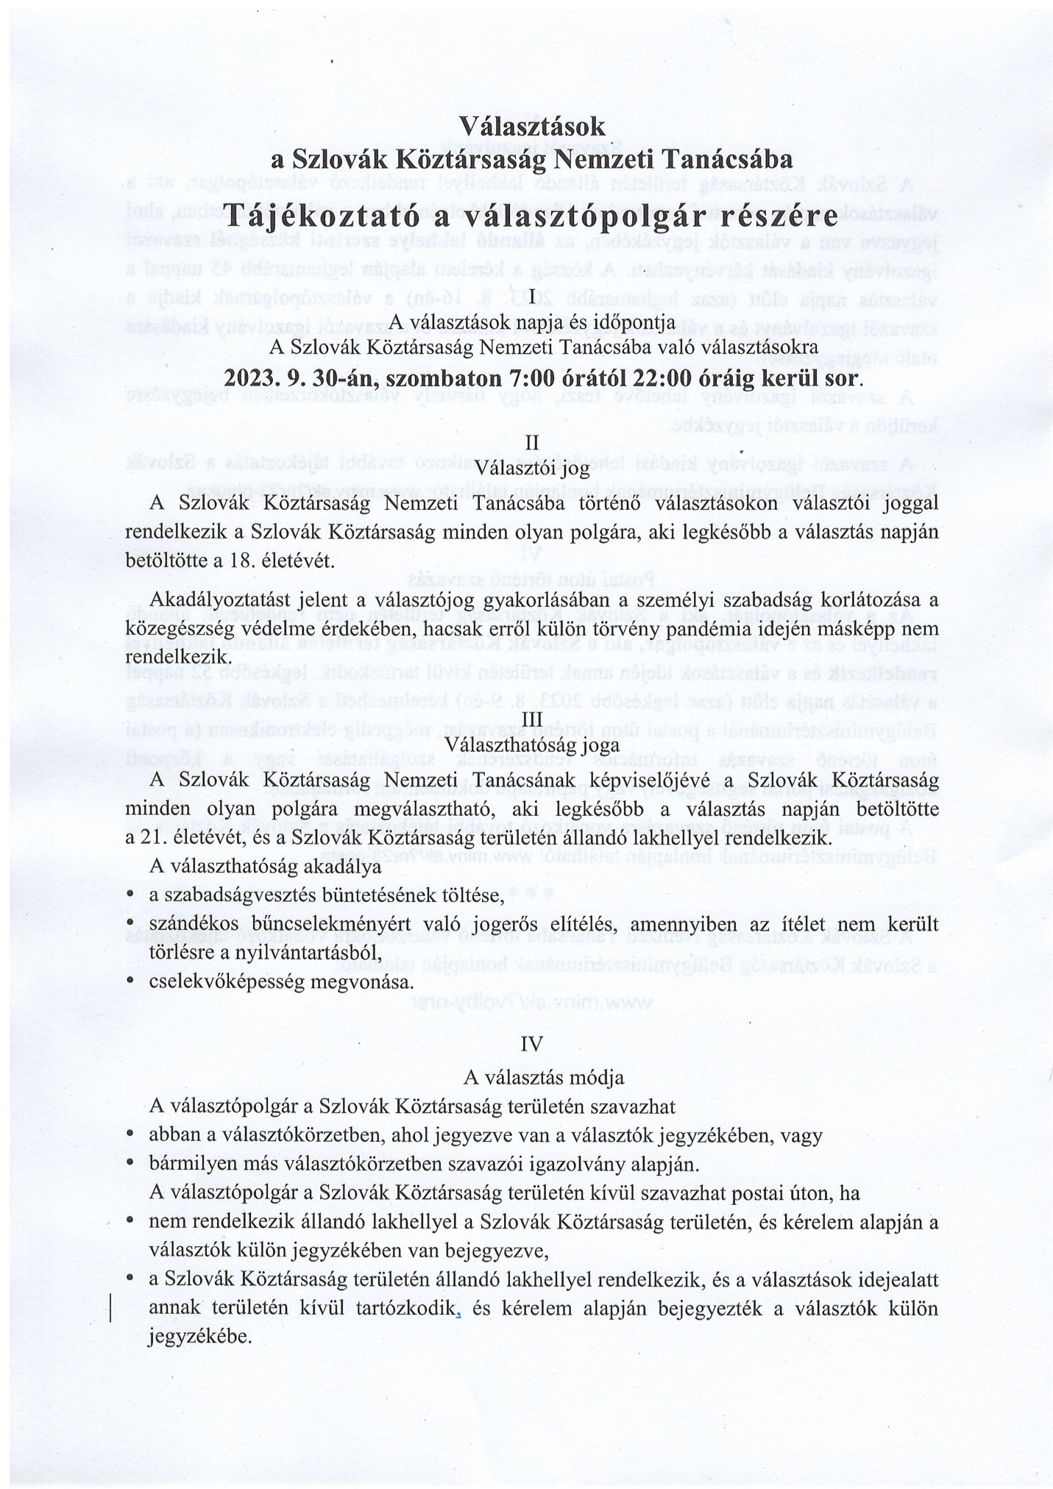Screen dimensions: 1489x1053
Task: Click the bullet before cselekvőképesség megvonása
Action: [130, 979]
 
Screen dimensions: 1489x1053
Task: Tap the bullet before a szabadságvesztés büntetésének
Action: [130, 894]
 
